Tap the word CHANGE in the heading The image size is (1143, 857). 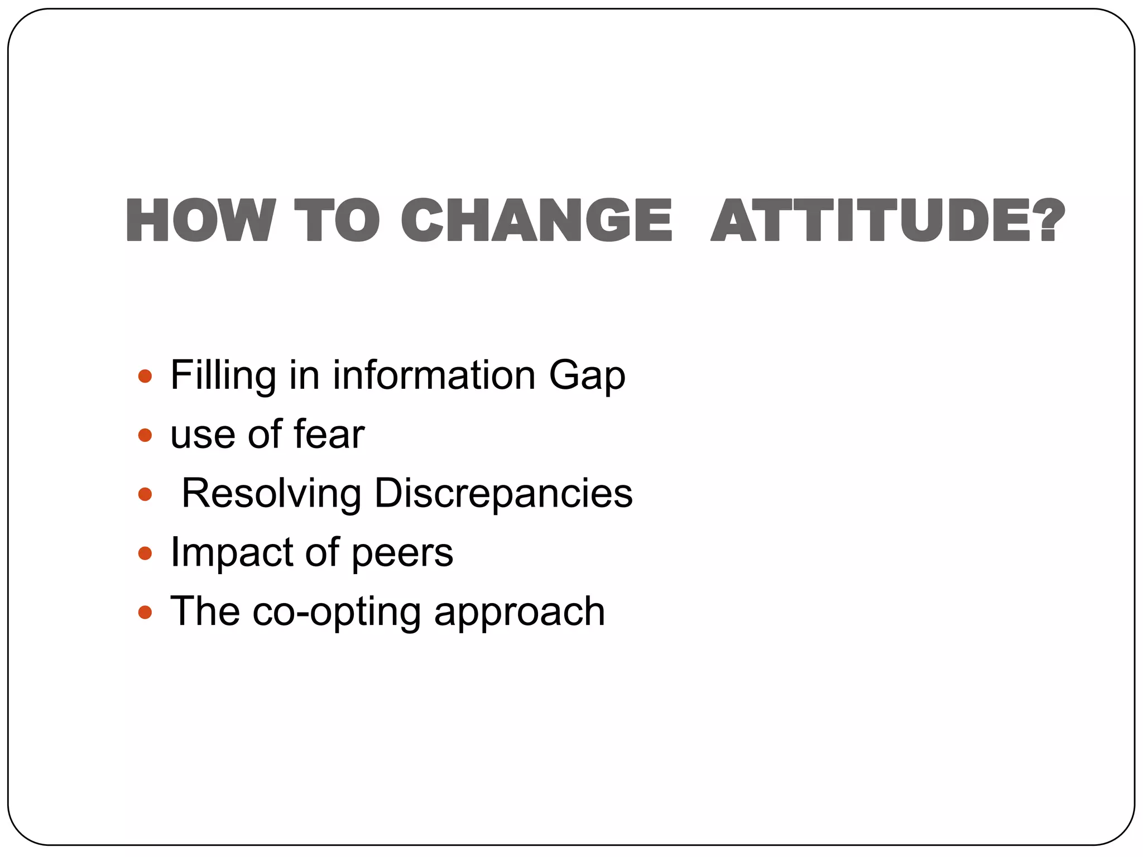536,221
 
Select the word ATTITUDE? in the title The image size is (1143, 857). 888,221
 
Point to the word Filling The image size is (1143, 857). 223,375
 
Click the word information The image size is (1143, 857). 434,375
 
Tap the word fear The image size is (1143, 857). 329,434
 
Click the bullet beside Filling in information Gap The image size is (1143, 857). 145,377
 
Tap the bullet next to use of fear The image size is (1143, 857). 145,435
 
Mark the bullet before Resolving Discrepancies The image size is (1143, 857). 145,494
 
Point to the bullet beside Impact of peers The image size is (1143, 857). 145,553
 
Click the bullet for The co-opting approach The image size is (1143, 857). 145,613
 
